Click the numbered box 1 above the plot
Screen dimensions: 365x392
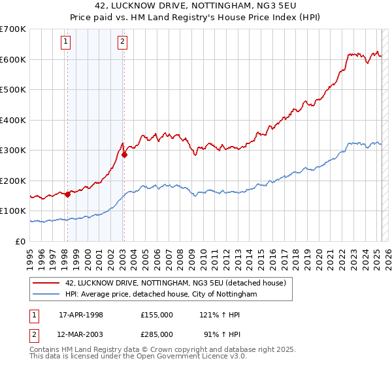pyautogui.click(x=67, y=43)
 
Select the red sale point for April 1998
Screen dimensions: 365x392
pyautogui.click(x=67, y=194)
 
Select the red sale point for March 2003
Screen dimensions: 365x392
pyautogui.click(x=124, y=155)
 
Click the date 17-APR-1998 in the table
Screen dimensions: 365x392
pyautogui.click(x=81, y=315)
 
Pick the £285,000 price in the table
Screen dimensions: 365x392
pyautogui.click(x=157, y=334)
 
